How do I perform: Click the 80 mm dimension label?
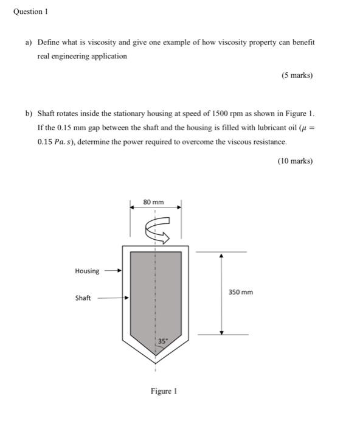[x=153, y=201]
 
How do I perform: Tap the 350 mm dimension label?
[x=241, y=292]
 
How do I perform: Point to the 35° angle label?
[x=162, y=341]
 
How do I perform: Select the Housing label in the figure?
[x=87, y=271]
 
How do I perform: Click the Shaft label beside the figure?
[x=83, y=298]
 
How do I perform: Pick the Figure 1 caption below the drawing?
[x=164, y=391]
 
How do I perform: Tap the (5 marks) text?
[x=297, y=75]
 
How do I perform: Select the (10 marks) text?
[x=295, y=161]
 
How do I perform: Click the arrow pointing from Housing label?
[x=112, y=271]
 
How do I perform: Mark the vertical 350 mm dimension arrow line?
[x=221, y=293]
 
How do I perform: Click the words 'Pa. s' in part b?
[x=61, y=142]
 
